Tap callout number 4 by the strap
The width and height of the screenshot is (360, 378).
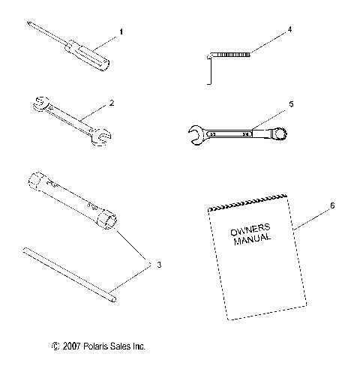pyautogui.click(x=289, y=31)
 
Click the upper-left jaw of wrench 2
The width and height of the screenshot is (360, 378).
pyautogui.click(x=38, y=104)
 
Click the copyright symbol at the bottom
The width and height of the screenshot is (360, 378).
pyautogui.click(x=54, y=346)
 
